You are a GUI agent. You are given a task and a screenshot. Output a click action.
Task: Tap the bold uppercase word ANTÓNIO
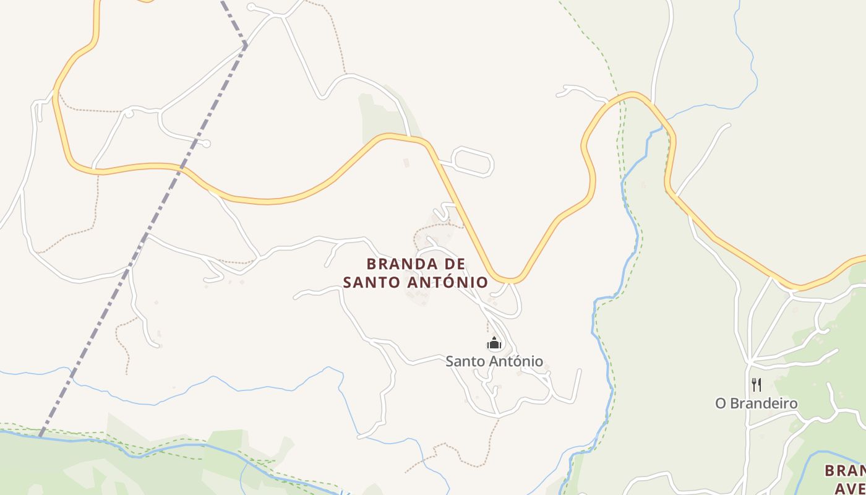448,283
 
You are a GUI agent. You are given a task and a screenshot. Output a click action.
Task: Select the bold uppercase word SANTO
372,283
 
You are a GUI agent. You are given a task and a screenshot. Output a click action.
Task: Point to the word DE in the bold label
446,264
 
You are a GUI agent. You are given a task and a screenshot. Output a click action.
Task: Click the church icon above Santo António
494,343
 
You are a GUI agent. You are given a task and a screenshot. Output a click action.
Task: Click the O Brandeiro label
756,403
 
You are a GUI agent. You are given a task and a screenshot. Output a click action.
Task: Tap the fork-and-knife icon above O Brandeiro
756,385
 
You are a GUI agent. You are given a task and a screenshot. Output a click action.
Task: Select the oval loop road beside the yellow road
474,162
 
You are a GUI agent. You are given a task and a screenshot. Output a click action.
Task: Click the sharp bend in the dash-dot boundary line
246,45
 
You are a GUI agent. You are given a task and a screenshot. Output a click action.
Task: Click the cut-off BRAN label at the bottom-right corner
845,471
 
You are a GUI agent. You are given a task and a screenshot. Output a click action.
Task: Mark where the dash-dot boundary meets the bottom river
41,435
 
